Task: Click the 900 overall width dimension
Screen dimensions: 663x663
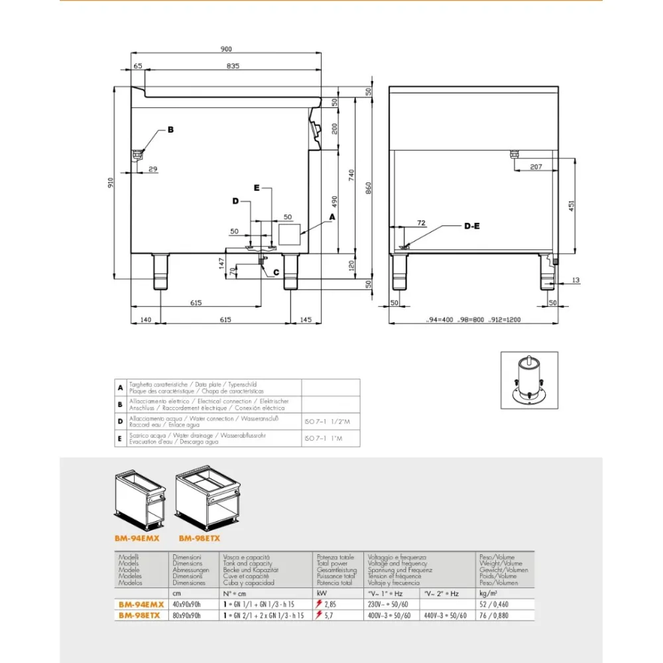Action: click(226, 48)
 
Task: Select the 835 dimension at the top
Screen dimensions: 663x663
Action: click(232, 66)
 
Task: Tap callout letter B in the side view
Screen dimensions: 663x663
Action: click(170, 130)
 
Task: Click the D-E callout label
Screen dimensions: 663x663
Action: click(472, 226)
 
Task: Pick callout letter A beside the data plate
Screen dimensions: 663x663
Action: click(331, 216)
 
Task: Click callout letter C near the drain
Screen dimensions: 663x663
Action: click(276, 272)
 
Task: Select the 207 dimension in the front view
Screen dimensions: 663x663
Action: click(535, 166)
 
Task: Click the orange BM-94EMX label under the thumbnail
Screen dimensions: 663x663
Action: click(137, 538)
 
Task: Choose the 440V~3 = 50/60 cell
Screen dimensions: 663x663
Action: click(445, 615)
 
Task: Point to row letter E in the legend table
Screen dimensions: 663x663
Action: click(119, 438)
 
